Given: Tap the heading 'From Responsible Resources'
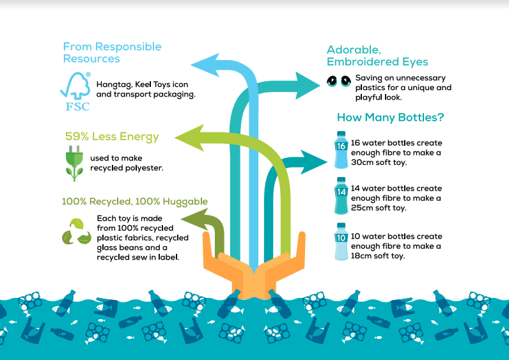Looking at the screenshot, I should coord(112,52).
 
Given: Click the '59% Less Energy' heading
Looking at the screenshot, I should coord(112,136).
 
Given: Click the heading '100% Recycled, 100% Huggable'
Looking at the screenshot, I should coord(134,201).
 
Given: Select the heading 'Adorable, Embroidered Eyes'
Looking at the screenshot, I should coord(377,56).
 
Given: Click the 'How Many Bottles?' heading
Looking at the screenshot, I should coord(390,118).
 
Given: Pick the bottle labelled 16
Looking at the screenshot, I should coord(341,149).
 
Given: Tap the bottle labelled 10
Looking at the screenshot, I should coord(341,240).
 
